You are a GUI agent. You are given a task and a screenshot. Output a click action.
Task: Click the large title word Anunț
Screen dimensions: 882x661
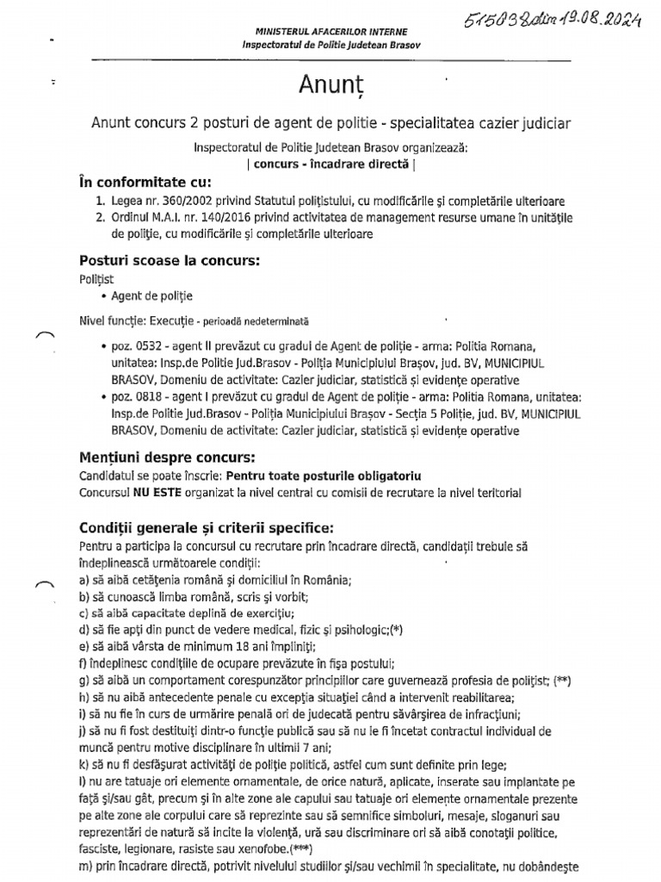330,86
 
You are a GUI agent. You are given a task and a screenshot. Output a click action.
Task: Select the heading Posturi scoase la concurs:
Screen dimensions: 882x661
170,260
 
